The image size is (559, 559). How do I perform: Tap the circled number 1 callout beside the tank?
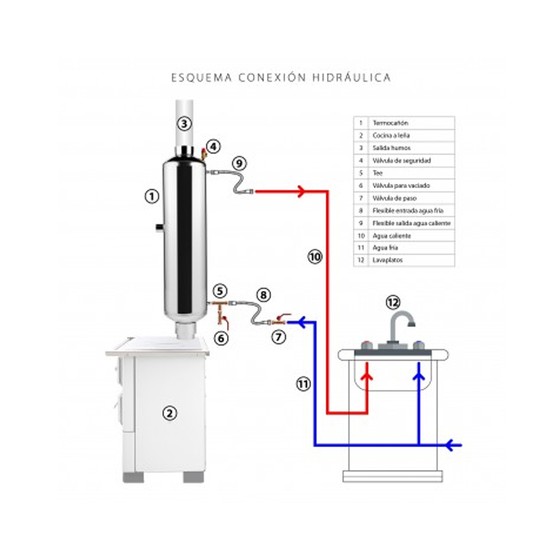point(150,196)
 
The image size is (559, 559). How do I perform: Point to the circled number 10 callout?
point(314,256)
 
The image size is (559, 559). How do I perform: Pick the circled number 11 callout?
point(303,383)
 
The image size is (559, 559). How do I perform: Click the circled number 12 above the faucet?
point(393,303)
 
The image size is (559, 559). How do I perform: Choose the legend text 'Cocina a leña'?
point(391,136)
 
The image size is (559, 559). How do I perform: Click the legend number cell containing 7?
point(361,198)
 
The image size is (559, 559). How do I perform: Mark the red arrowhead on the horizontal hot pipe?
point(301,191)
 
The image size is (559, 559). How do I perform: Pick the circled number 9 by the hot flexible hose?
point(239,163)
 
